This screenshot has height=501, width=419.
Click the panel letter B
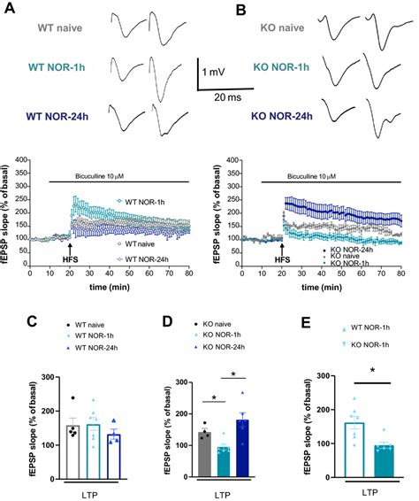click(x=223, y=11)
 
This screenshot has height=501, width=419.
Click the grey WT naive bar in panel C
click(x=47, y=444)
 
